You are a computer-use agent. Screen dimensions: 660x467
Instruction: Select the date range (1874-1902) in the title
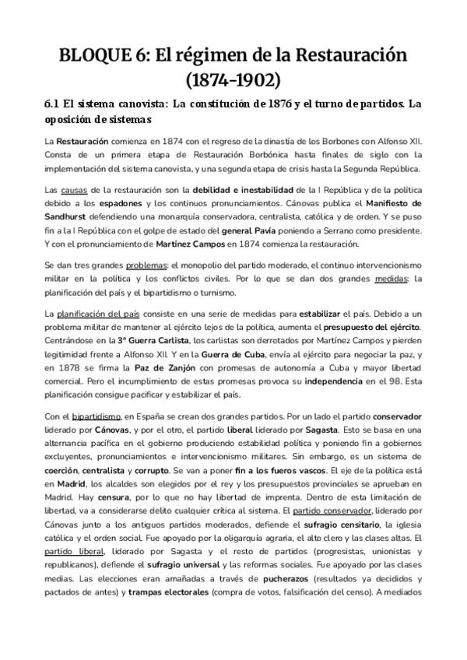pos(233,80)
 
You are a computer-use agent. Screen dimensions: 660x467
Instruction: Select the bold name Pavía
pos(310,231)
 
